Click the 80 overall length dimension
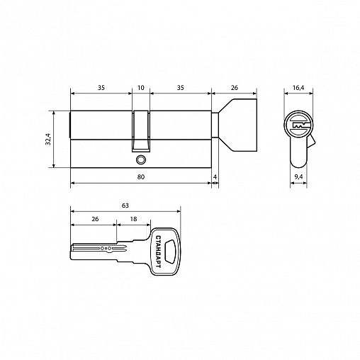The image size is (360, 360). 141,177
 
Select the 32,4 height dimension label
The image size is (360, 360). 48,139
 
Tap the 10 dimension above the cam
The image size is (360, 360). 141,88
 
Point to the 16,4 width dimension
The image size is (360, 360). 298,88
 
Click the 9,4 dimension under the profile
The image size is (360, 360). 298,177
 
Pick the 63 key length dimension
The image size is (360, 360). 125,206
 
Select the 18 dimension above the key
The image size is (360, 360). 133,219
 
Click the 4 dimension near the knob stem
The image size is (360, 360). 215,177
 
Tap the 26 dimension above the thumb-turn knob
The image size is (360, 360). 235,88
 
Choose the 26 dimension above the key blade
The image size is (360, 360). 95,219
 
